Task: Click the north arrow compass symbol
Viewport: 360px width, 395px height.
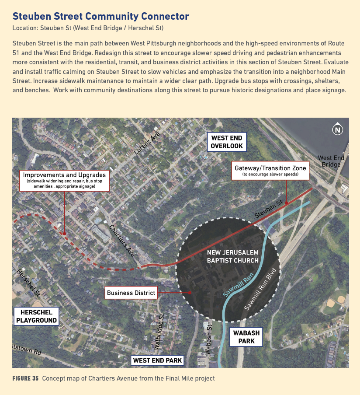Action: (337, 129)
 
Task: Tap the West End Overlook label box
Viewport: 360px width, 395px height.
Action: (227, 142)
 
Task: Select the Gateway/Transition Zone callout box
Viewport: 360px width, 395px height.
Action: (270, 171)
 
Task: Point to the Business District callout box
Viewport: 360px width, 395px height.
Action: (131, 293)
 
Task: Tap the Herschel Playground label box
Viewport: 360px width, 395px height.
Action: (36, 316)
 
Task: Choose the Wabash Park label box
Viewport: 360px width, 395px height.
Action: (246, 336)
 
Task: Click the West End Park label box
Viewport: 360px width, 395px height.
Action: (157, 360)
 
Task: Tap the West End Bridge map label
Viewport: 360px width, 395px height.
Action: (331, 161)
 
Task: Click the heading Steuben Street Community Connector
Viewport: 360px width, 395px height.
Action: (101, 17)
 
